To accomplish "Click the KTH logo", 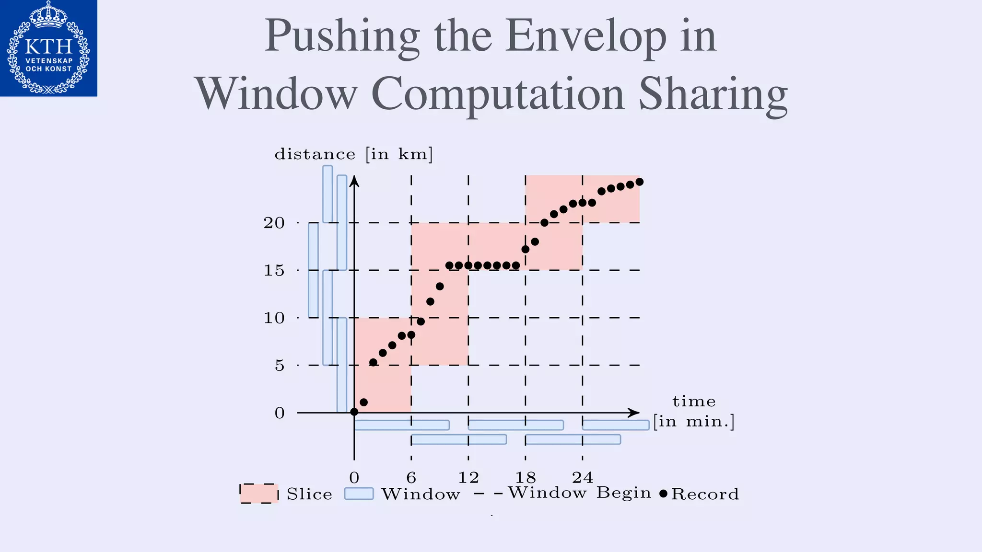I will point(48,48).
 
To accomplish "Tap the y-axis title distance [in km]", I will point(354,154).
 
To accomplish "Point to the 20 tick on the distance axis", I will point(274,223).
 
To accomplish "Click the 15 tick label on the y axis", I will point(274,271).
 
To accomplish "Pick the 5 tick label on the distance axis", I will point(279,366).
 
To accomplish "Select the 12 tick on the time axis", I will point(468,477).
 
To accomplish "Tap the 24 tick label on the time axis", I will point(583,477).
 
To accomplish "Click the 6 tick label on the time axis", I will point(411,477).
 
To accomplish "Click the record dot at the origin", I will point(354,412).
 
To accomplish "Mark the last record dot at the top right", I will point(639,182).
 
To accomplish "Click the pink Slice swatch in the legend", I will point(259,494).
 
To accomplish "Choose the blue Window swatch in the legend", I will point(359,494).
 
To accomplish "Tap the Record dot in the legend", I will point(663,494).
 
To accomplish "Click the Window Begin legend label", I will point(580,493).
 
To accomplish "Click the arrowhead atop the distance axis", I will point(354,181).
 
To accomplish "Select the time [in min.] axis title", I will point(694,412).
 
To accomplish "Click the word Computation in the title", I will point(497,93).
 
